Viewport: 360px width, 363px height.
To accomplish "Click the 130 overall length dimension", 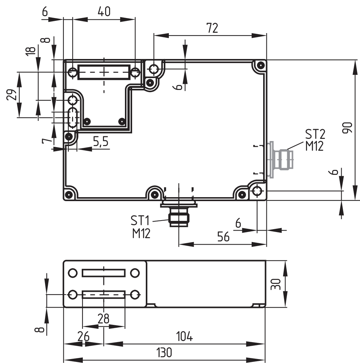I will [164, 352].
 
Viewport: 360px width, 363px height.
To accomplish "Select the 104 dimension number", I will [184, 337].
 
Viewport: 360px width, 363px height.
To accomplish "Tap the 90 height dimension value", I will [347, 128].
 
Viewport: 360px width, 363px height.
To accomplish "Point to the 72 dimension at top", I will [212, 28].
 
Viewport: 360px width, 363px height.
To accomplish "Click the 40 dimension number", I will [104, 12].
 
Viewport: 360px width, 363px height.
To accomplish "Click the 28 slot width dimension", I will [104, 318].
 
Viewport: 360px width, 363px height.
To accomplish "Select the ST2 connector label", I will [315, 134].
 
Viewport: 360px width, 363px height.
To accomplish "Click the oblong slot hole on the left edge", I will [73, 117].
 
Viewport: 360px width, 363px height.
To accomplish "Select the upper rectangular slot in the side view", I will [104, 273].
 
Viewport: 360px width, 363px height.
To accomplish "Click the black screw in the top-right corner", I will [261, 65].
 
